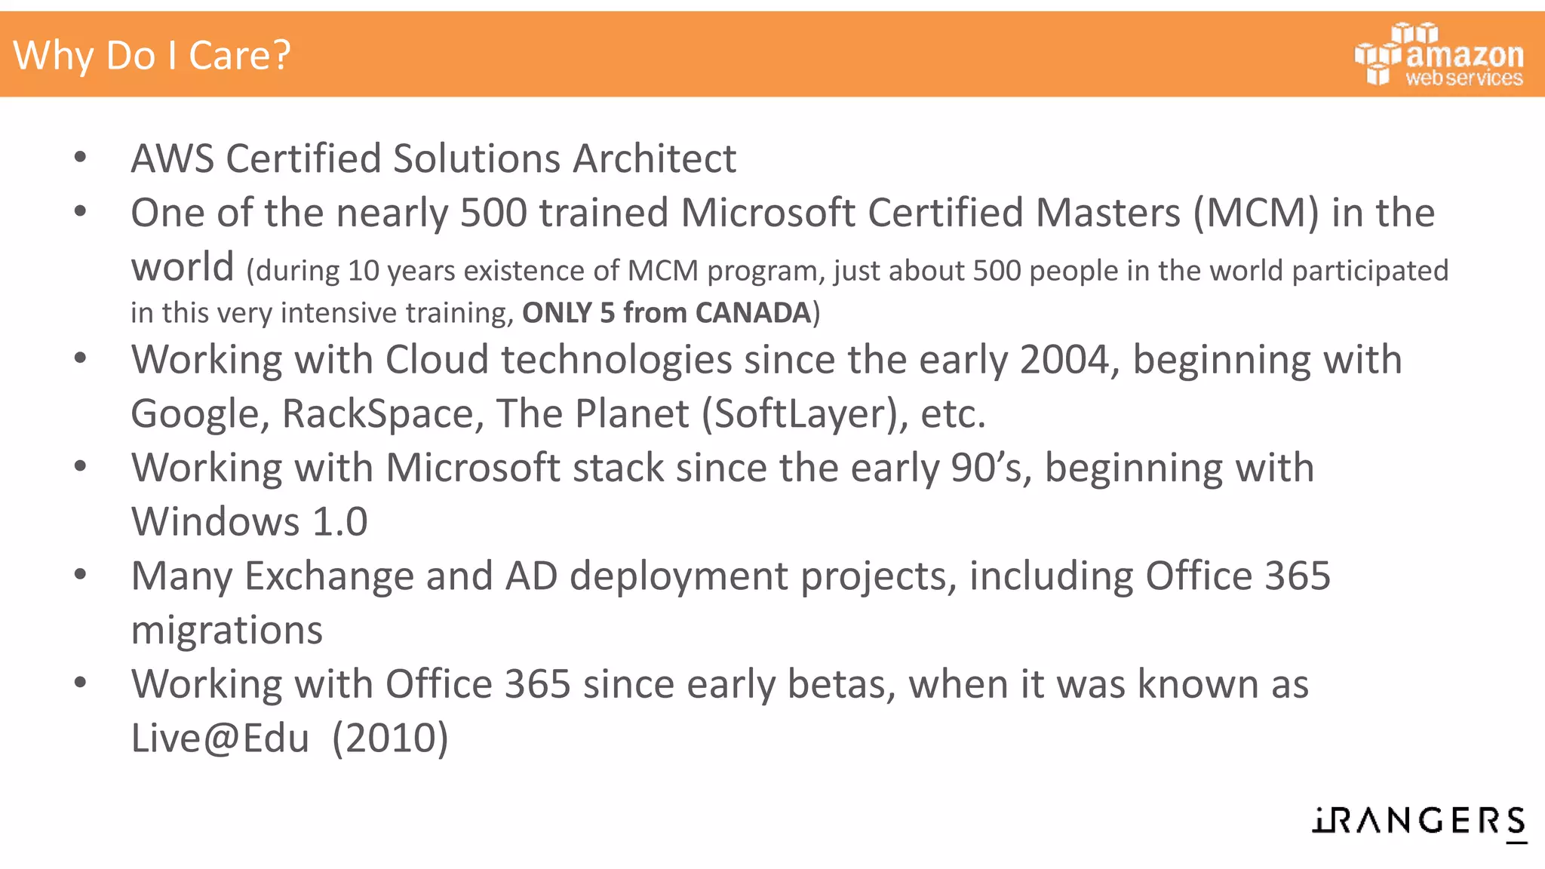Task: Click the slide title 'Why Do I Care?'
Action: pyautogui.click(x=152, y=55)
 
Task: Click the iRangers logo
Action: pyautogui.click(x=1419, y=821)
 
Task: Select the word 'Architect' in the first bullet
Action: pyautogui.click(x=654, y=158)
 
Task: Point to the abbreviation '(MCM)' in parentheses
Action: pyautogui.click(x=1256, y=213)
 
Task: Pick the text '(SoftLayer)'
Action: pyautogui.click(x=805, y=414)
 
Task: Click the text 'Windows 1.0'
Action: pyautogui.click(x=249, y=521)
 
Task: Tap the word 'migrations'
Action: pyautogui.click(x=226, y=630)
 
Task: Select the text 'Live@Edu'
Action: pyautogui.click(x=220, y=738)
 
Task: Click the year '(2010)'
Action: pyautogui.click(x=390, y=738)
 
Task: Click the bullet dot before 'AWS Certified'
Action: pyautogui.click(x=81, y=158)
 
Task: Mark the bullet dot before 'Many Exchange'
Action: pyautogui.click(x=81, y=576)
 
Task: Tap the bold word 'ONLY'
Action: pyautogui.click(x=557, y=312)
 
